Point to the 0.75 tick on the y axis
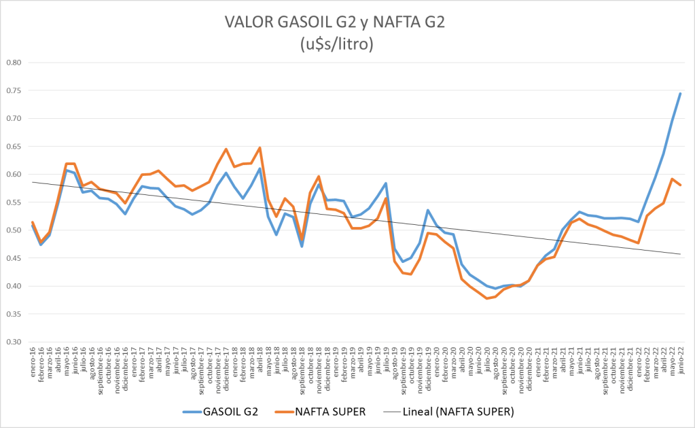click(14, 90)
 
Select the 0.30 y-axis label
click(14, 342)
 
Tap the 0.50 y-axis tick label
click(14, 230)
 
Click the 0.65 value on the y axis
click(14, 146)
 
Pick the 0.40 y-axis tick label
click(14, 286)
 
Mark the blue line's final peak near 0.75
click(680, 93)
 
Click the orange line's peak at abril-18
click(260, 147)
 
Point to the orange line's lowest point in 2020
click(487, 298)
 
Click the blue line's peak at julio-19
click(386, 183)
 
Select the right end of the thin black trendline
click(680, 254)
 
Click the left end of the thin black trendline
click(32, 181)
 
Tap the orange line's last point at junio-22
click(680, 185)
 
